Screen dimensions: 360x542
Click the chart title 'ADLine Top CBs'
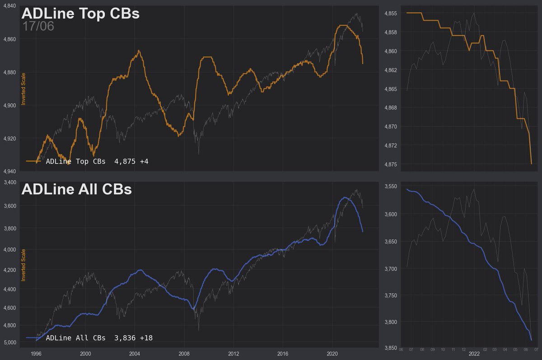pos(80,13)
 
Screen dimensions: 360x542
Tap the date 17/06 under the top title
pos(38,26)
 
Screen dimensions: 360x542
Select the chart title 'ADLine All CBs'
pos(76,189)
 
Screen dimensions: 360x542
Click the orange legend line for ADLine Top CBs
pos(33,161)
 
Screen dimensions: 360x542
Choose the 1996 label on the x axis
pos(37,354)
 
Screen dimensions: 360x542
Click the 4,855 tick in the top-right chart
pos(391,14)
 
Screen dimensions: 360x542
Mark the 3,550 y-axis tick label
pos(391,187)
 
